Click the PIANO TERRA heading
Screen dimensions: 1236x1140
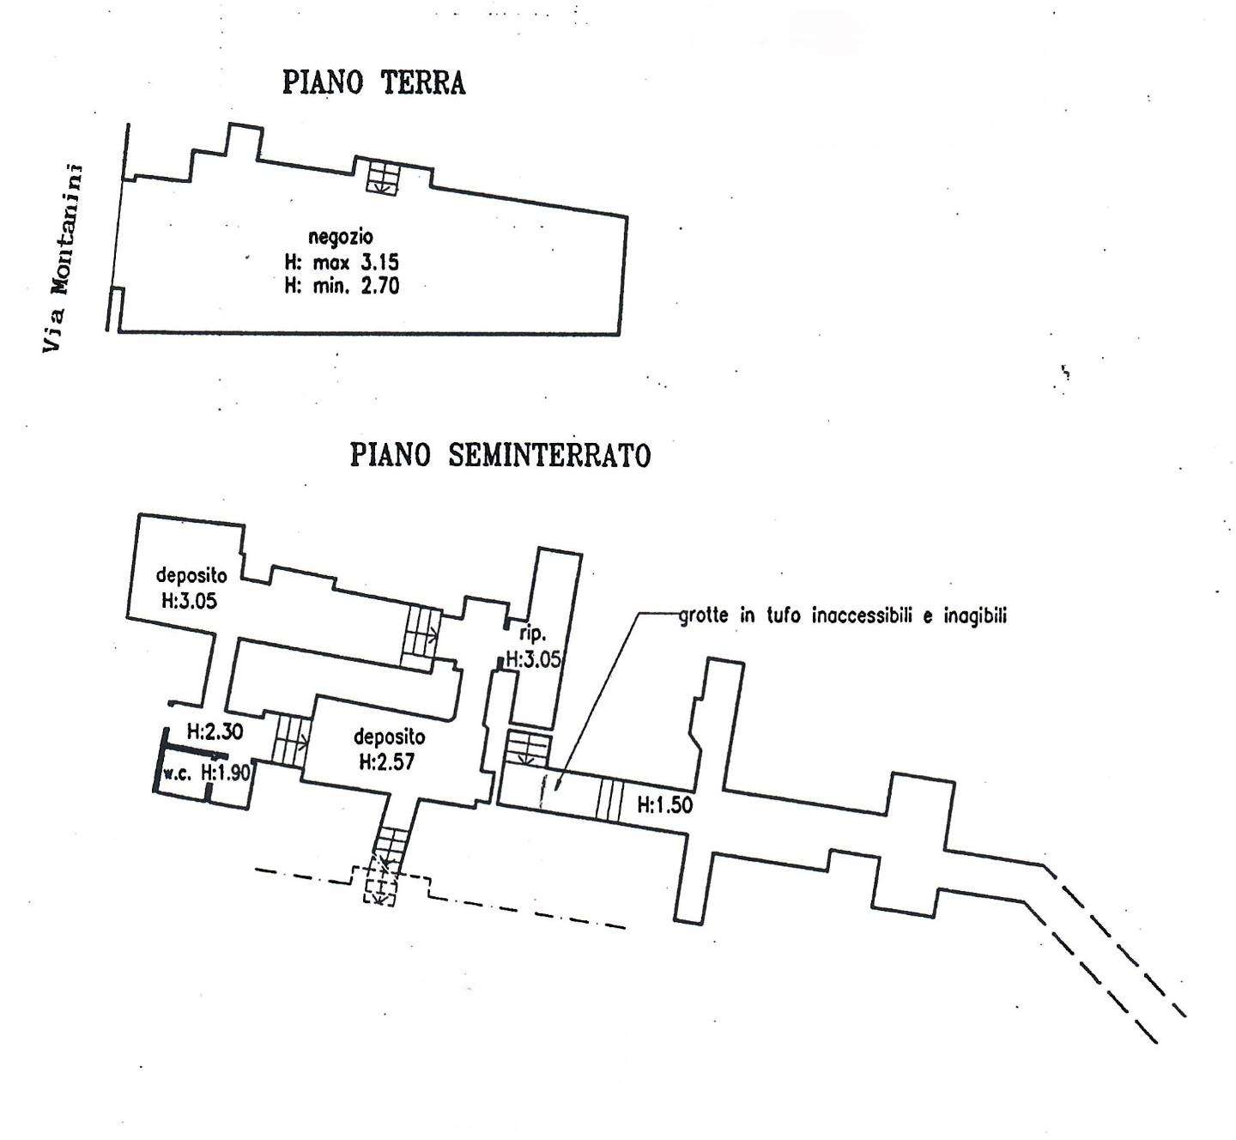374,82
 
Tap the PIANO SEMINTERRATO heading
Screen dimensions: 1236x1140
500,455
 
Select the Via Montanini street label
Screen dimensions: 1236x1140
63,258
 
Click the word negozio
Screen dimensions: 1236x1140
341,237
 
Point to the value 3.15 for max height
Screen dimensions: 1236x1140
380,262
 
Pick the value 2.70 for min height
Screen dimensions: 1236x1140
380,287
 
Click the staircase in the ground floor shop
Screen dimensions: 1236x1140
381,179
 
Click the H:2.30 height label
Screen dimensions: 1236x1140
215,731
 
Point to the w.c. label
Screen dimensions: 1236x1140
178,774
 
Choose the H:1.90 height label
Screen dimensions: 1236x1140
225,773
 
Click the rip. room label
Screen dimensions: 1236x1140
533,634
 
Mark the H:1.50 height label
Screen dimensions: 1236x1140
664,805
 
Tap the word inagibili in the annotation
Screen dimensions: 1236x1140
975,616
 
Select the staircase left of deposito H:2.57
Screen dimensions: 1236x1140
291,739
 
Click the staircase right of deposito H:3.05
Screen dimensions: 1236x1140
421,638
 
